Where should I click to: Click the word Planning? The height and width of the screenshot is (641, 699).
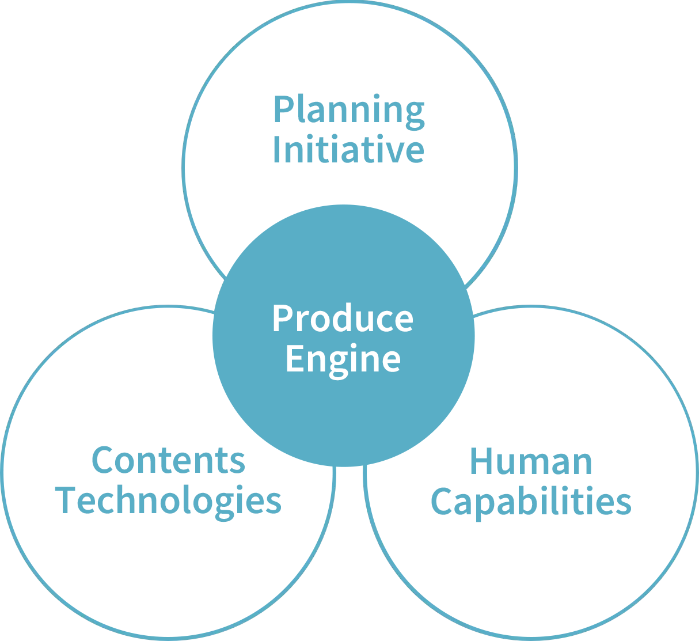[349, 111]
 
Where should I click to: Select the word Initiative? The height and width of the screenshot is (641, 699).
[348, 149]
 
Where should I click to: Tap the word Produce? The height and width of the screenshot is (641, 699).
[343, 318]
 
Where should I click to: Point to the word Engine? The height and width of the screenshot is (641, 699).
[343, 359]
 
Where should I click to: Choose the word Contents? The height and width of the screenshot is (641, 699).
[169, 460]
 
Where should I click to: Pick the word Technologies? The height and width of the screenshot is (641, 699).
[169, 500]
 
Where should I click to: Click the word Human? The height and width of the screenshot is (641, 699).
[531, 462]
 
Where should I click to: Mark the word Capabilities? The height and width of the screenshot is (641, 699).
[531, 502]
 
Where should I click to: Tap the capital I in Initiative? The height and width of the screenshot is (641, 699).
[277, 149]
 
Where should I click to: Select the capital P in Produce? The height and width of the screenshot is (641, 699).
[282, 318]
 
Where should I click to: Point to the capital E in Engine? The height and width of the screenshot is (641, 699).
[294, 358]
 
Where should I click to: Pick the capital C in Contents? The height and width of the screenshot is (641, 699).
[104, 460]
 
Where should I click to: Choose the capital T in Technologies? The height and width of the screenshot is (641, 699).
[66, 500]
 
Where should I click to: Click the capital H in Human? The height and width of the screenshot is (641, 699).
[483, 462]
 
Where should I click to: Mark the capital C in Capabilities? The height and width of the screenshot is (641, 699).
[442, 502]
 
